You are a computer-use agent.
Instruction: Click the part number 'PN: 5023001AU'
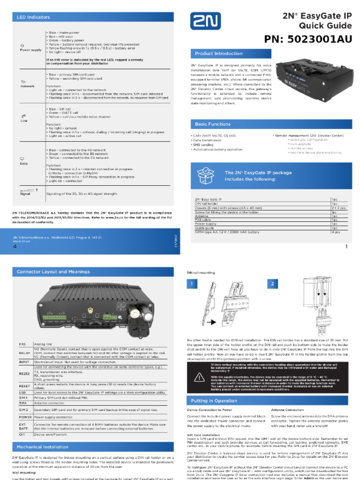pyautogui.click(x=307, y=39)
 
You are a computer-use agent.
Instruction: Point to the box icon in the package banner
pyautogui.click(x=206, y=176)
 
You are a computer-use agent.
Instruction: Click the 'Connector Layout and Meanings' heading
pyautogui.click(x=53, y=271)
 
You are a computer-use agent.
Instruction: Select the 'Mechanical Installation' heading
pyautogui.click(x=43, y=447)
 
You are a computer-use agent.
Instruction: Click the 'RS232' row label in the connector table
pyautogui.click(x=24, y=373)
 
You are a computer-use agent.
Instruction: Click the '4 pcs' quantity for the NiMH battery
pyautogui.click(x=336, y=232)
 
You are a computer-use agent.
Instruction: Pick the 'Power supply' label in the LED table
pyautogui.click(x=30, y=49)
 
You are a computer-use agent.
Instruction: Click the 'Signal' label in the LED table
pyautogui.click(x=25, y=194)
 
